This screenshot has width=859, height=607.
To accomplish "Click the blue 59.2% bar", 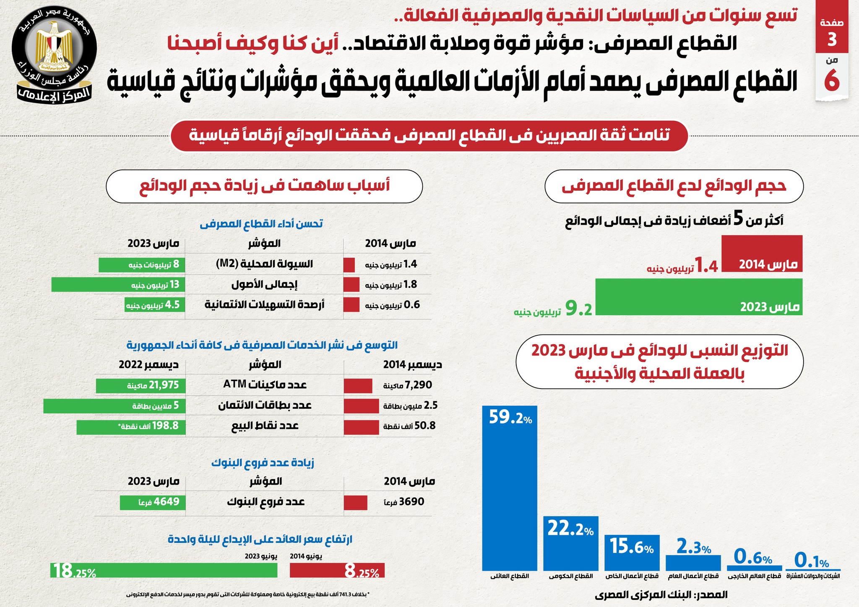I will tap(510, 488).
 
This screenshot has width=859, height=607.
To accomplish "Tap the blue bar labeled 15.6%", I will tap(632, 553).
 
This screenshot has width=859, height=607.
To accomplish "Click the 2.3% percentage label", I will tap(694, 548).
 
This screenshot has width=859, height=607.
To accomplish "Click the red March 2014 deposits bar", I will tap(762, 254).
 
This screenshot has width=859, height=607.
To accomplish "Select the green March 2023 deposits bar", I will tap(698, 297).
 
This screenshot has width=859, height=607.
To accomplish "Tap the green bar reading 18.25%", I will tap(164, 570).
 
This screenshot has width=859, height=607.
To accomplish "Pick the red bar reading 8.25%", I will tap(337, 571).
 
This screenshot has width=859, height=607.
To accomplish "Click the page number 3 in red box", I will tap(832, 39).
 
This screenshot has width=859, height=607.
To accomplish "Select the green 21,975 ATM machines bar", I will tap(140, 386).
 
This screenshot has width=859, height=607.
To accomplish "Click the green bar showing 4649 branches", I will tap(152, 503).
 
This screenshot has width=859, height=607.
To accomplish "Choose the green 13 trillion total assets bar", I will tap(118, 285).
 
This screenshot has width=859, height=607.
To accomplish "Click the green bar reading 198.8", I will tap(130, 427).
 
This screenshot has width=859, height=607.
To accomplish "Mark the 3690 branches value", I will tap(411, 502).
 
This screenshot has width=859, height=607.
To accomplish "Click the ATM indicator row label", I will tap(265, 385).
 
